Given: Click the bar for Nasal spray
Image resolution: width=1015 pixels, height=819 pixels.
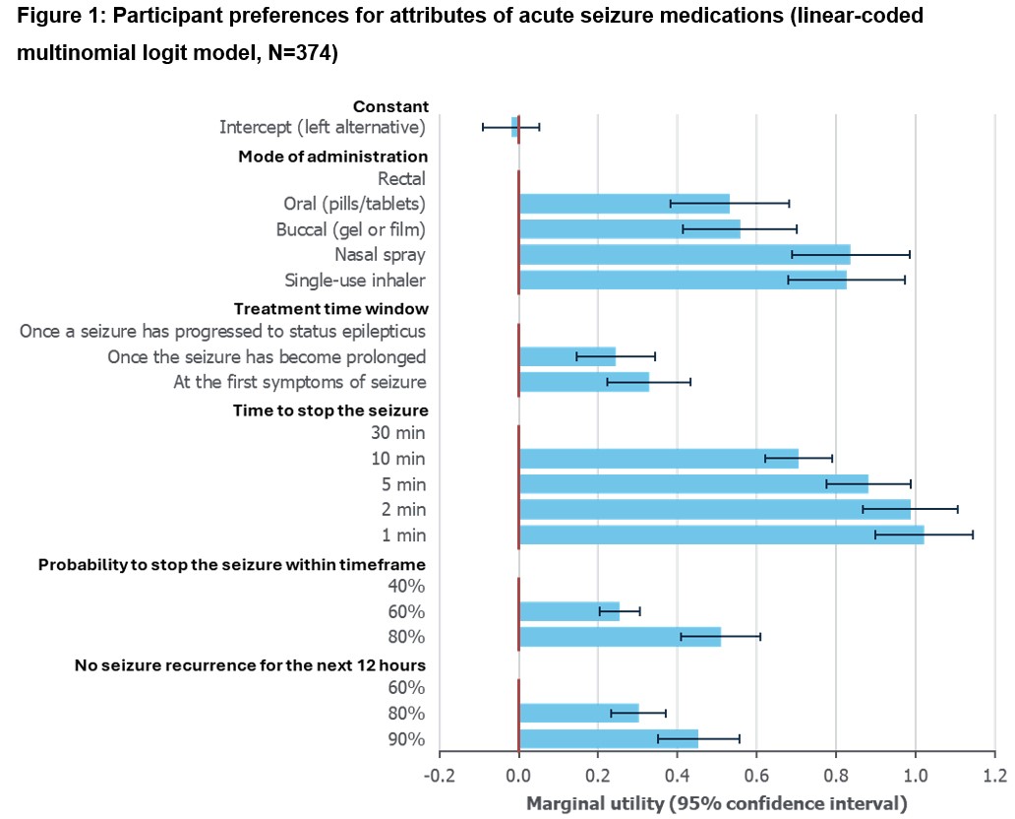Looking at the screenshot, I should pos(685,255).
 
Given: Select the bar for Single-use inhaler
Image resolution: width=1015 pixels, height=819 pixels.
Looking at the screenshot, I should pos(683,281).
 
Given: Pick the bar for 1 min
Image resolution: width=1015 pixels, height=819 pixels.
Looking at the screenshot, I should pos(721,535).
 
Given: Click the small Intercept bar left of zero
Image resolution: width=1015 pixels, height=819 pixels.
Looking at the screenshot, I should pos(514,127).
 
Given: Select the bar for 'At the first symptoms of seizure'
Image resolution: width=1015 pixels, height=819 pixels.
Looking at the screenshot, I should pos(584,382).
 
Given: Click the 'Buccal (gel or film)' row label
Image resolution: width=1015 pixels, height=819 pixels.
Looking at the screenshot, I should pos(351,229).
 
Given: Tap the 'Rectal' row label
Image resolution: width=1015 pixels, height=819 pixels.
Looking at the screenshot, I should pos(401,178).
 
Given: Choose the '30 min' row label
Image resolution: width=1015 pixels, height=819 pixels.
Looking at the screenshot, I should pos(398,433).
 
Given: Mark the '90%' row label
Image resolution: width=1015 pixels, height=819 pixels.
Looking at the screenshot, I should pos(406,739).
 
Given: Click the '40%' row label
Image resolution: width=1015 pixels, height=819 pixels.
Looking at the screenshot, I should pos(406,587).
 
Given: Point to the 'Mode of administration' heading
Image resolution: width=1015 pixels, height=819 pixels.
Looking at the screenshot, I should pos(332,156).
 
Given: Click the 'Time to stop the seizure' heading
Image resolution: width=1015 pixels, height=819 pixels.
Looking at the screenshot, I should pos(330,409).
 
